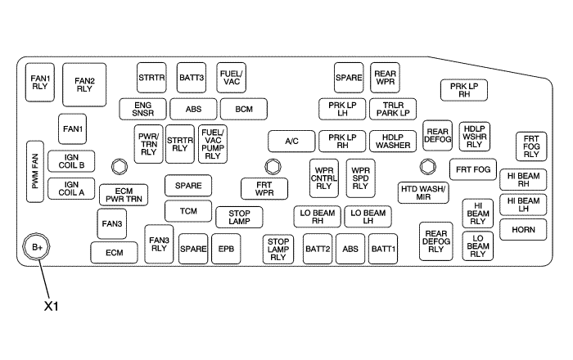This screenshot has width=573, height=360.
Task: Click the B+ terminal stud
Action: [x=37, y=246]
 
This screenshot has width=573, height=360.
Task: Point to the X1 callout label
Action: [x=53, y=307]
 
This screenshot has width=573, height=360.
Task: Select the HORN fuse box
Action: [x=522, y=230]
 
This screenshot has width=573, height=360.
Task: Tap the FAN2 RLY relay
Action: [x=85, y=84]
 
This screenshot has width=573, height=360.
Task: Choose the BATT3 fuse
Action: [x=191, y=78]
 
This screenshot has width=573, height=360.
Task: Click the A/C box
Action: [x=291, y=141]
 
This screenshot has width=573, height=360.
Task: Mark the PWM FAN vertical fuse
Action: [x=36, y=172]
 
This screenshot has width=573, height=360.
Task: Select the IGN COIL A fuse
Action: [x=72, y=189]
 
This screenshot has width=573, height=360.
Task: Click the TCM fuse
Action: [x=188, y=211]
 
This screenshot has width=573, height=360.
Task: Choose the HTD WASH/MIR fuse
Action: [x=423, y=192]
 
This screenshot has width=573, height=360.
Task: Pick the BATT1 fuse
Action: [x=383, y=248]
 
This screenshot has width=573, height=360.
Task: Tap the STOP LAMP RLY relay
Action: [x=279, y=248]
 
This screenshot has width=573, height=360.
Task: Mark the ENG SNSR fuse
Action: [x=142, y=109]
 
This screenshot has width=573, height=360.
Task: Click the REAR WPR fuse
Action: [x=386, y=78]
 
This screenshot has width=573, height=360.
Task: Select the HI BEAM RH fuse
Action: [x=522, y=179]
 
